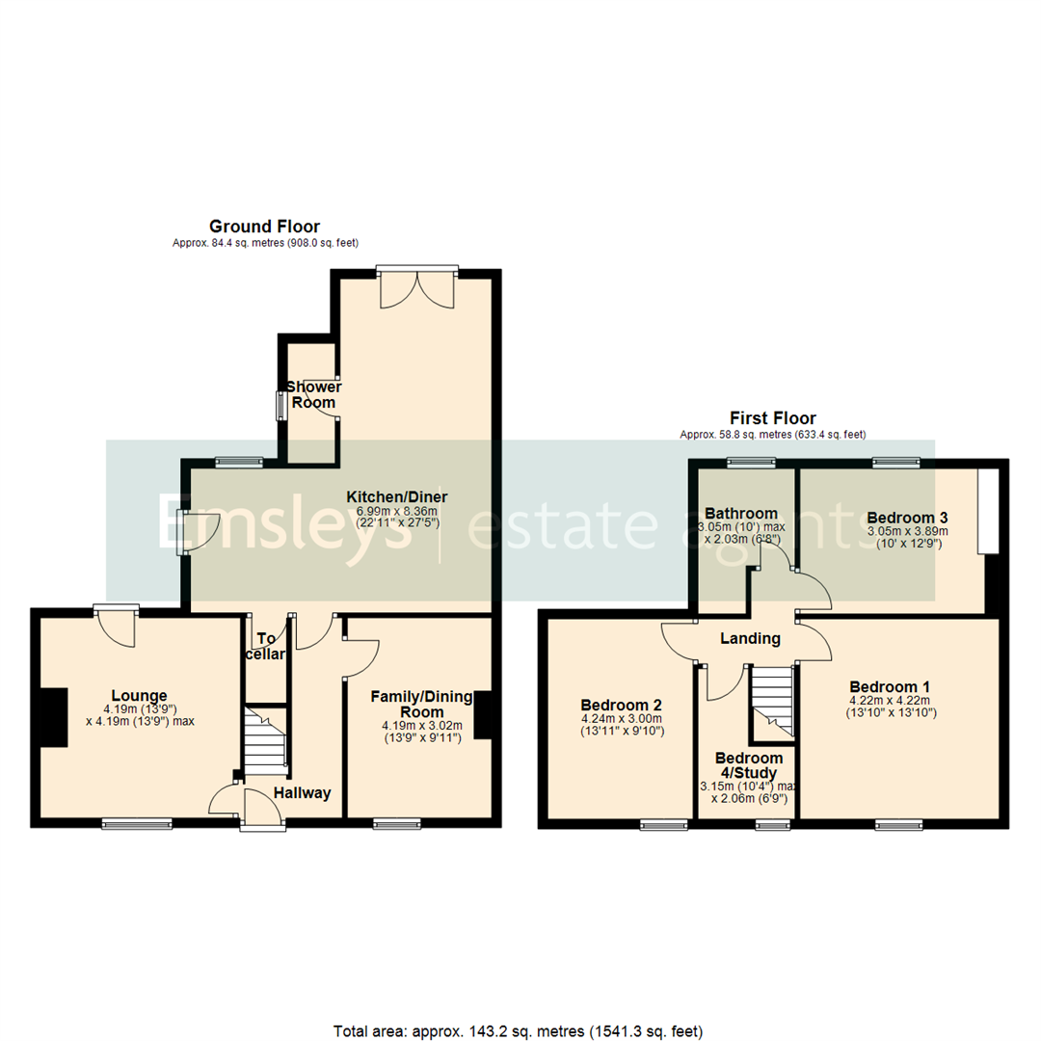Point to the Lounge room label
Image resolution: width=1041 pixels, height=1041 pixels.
tap(139, 696)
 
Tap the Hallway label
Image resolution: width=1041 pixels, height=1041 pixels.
tap(302, 793)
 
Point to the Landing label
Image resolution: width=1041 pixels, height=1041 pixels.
tap(750, 638)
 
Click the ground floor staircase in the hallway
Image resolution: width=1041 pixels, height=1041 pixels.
tap(266, 740)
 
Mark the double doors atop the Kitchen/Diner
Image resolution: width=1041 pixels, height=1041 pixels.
tap(416, 288)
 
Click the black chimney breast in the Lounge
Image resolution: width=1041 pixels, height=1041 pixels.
tap(54, 718)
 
